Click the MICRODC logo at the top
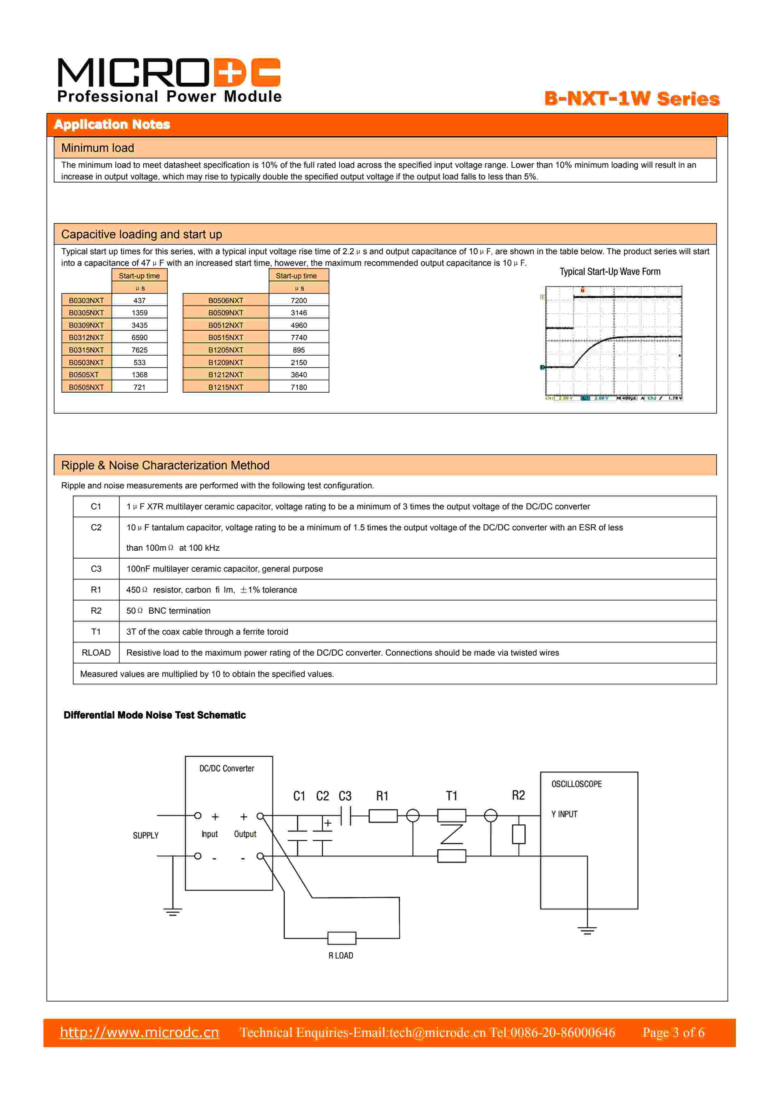click(169, 79)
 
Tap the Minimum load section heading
click(97, 148)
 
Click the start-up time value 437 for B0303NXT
click(140, 301)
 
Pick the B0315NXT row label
click(86, 350)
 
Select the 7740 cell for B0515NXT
click(299, 337)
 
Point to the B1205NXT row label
click(225, 350)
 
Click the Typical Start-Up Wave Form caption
click(610, 272)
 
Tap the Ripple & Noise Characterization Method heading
click(165, 465)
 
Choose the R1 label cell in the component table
click(96, 590)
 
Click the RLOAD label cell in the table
click(96, 653)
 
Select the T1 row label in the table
click(96, 632)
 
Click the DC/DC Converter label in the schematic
click(227, 768)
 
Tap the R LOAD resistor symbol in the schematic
click(342, 938)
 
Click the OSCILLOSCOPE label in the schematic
click(576, 784)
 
